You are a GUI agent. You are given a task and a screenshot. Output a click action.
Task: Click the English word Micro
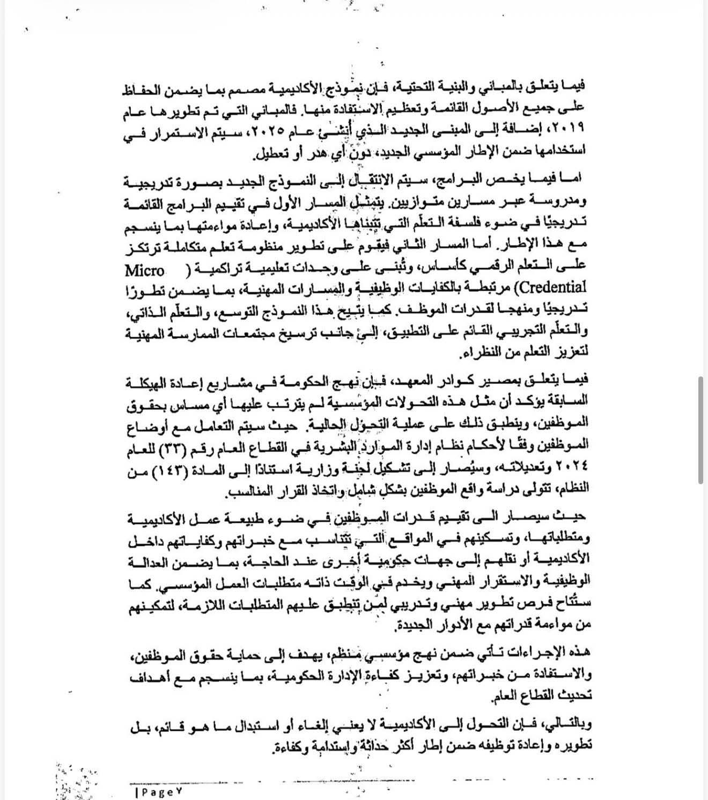click(x=144, y=269)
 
